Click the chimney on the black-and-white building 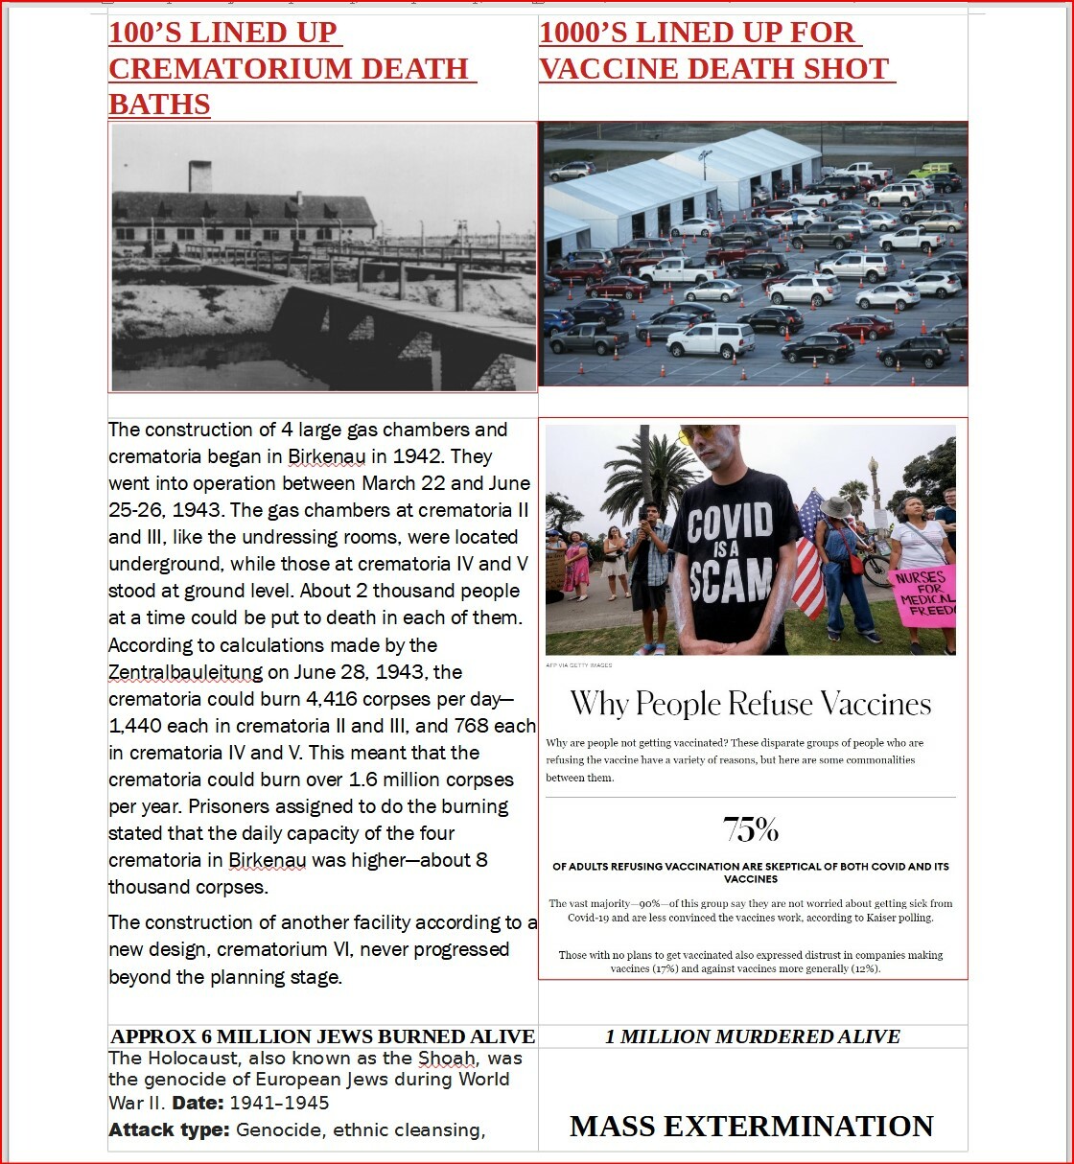point(200,176)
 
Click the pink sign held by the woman point(923,594)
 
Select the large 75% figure point(751,829)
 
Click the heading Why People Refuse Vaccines point(751,705)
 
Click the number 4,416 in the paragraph point(339,699)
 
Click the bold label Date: point(198,1103)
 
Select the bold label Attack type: point(169,1129)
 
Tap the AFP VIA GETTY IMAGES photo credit point(579,664)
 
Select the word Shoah point(447,1059)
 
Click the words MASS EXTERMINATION point(752,1126)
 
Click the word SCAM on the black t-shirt point(732,579)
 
